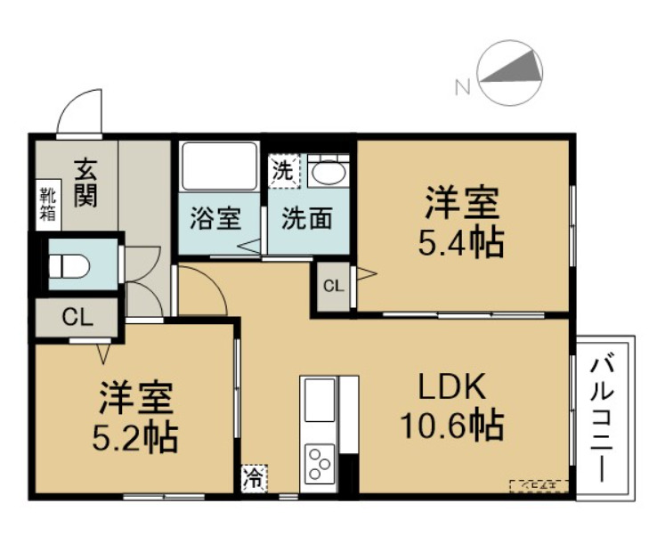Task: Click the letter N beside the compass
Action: pyautogui.click(x=462, y=86)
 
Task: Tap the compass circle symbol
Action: pyautogui.click(x=511, y=74)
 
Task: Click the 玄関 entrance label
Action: pyautogui.click(x=85, y=181)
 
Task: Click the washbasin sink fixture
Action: pyautogui.click(x=327, y=169)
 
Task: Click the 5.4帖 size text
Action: pyautogui.click(x=461, y=240)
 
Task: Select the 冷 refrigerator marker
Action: pyautogui.click(x=253, y=478)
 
